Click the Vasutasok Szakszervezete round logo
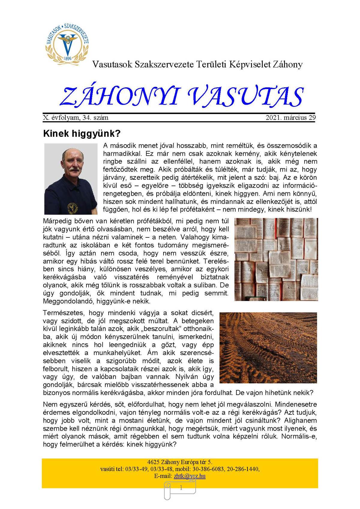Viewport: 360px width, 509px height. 67,43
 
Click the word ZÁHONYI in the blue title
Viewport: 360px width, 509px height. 119,97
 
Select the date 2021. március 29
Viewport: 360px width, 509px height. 290,118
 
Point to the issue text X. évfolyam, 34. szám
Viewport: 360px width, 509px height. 76,118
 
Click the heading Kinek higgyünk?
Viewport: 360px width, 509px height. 82,134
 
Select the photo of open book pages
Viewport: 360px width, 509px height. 276,259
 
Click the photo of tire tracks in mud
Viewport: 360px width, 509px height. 268,348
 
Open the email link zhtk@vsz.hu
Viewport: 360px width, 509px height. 190,476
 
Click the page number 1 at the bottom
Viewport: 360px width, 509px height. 181,488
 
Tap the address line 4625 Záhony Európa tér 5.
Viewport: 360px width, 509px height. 180,462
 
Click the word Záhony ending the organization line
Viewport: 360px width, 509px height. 287,65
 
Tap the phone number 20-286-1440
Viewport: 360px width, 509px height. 242,469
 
